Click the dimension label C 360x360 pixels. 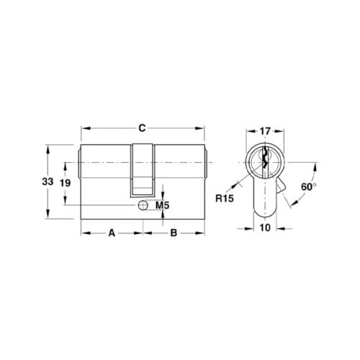tap(142, 128)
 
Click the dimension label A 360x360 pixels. tap(112, 233)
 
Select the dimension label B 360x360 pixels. tap(174, 233)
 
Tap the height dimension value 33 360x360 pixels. tap(48, 181)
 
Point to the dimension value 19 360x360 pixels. tap(65, 184)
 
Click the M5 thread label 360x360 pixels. tap(163, 205)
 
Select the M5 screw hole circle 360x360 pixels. tap(143, 205)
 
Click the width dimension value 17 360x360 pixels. tap(265, 131)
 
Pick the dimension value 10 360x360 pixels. tap(265, 228)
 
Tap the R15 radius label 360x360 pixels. tap(225, 199)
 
